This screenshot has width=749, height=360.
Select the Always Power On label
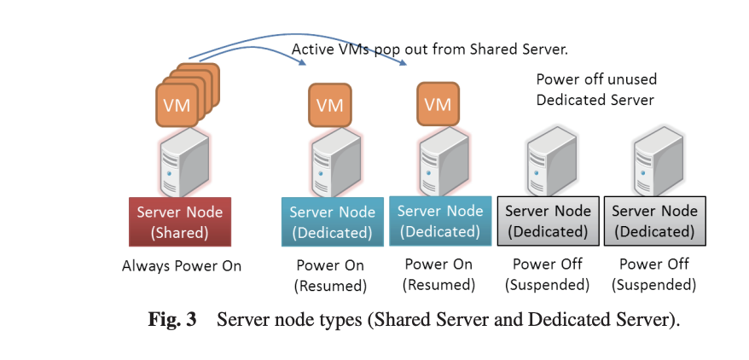(x=181, y=266)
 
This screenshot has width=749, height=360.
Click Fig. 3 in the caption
(x=172, y=321)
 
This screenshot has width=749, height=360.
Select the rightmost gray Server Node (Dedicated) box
(x=654, y=221)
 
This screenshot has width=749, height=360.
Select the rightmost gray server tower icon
(x=655, y=162)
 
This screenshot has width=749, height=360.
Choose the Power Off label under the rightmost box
(x=654, y=264)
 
